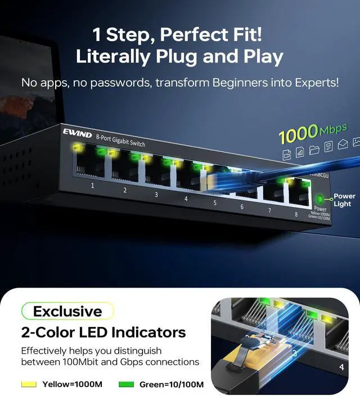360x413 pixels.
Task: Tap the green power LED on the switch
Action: point(320,199)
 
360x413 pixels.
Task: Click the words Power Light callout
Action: point(344,200)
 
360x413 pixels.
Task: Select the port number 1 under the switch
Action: point(93,185)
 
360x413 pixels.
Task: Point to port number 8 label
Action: point(295,214)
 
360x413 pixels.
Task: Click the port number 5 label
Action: point(214,203)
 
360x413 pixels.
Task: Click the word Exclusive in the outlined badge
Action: point(67,311)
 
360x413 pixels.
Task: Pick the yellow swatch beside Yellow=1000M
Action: point(29,384)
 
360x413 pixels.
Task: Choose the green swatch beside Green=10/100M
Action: point(127,384)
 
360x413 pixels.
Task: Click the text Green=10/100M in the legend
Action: point(172,384)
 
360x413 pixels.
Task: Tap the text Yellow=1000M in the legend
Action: point(73,384)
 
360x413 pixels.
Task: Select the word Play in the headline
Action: point(259,56)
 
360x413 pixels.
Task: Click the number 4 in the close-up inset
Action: point(341,367)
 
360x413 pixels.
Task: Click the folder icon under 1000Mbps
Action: point(314,149)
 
